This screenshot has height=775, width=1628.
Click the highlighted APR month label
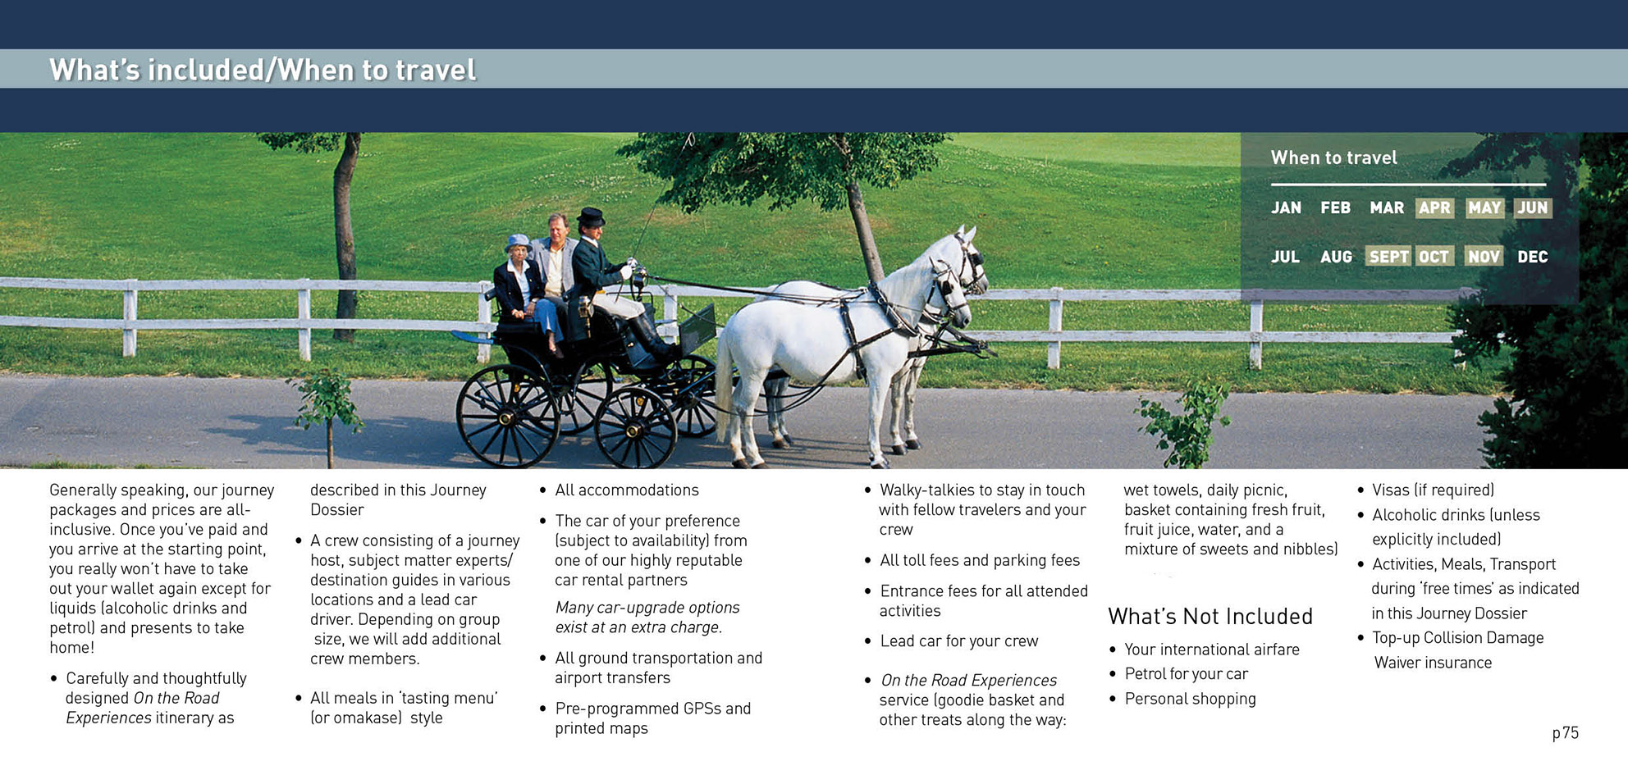click(x=1434, y=208)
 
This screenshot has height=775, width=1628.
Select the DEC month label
click(x=1532, y=257)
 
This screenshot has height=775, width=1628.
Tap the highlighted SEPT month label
click(x=1388, y=257)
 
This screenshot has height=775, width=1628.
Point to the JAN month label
click(x=1286, y=208)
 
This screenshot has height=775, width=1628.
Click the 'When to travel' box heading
click(x=1333, y=157)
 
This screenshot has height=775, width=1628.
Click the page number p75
click(x=1565, y=733)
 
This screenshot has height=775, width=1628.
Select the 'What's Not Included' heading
click(x=1210, y=616)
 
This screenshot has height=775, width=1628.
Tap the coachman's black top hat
click(x=590, y=217)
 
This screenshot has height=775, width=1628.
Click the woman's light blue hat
click(x=518, y=242)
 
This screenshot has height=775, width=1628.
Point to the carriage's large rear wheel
click(x=507, y=417)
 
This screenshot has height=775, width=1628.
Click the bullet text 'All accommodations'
click(x=627, y=490)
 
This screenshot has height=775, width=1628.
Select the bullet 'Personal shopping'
click(x=1190, y=699)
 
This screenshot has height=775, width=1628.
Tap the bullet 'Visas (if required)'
click(x=1433, y=490)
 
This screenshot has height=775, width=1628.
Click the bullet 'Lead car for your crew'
click(x=959, y=641)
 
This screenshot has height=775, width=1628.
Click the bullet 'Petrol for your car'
click(x=1186, y=674)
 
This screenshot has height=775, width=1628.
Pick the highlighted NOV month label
click(x=1484, y=257)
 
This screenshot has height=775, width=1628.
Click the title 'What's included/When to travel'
click(x=263, y=70)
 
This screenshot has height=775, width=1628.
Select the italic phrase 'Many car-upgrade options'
click(x=647, y=608)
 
